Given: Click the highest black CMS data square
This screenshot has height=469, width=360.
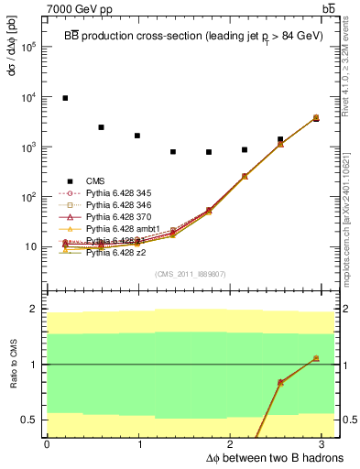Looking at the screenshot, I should point(65,98).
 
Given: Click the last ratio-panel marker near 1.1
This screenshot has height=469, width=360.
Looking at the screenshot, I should point(316,358).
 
